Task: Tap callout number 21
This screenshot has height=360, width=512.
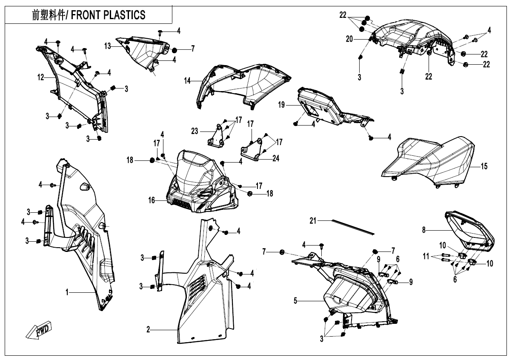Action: (x=313, y=221)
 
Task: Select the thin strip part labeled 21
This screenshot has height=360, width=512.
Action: (x=353, y=227)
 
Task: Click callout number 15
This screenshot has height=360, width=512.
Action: (x=484, y=166)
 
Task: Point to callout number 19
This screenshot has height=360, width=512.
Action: (x=281, y=105)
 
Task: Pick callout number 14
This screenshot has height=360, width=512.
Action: (x=187, y=81)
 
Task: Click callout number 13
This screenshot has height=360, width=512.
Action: (x=107, y=46)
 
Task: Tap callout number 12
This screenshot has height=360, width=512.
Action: (x=41, y=77)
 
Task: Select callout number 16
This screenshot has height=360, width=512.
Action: (x=152, y=200)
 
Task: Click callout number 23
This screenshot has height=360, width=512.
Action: (x=195, y=131)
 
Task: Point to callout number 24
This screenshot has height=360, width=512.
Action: (x=276, y=158)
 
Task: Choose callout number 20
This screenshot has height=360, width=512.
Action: (x=349, y=39)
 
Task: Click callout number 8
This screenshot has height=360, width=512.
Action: (x=424, y=230)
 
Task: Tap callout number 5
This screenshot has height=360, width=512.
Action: (x=295, y=301)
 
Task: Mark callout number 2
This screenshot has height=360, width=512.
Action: (x=148, y=329)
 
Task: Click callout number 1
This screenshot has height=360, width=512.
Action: (x=67, y=292)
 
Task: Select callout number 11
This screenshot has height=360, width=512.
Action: (x=426, y=256)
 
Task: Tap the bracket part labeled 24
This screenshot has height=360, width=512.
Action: (x=251, y=149)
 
